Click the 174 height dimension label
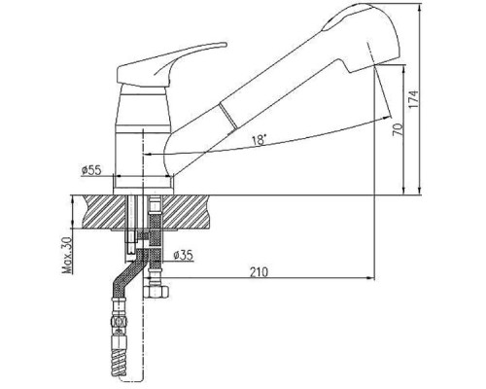tap(413, 99)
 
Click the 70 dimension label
tap(399, 129)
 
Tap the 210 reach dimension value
tap(260, 272)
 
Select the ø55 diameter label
tap(91, 170)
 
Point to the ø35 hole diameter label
tap(183, 256)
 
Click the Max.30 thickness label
tap(67, 256)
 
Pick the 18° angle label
tap(259, 140)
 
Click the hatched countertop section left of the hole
tap(104, 212)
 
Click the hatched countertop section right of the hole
tap(187, 212)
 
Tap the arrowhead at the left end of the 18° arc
tap(148, 154)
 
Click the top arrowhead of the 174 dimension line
tap(420, 7)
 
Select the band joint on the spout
tap(228, 115)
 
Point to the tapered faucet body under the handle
tap(143, 107)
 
